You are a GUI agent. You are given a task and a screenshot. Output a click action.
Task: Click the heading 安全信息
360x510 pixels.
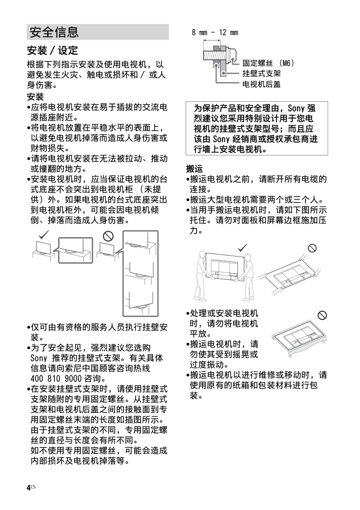click(x=54, y=32)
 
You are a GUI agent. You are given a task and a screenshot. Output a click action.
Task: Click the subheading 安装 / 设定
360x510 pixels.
click(x=52, y=50)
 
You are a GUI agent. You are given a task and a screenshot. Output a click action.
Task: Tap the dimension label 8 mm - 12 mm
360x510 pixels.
click(x=215, y=32)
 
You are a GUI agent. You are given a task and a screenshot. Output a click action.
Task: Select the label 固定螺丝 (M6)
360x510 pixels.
click(x=268, y=63)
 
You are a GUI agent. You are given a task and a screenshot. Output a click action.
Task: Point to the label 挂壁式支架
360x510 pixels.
click(x=261, y=73)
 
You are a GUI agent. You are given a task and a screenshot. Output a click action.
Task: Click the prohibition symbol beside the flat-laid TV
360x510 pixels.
click(x=322, y=315)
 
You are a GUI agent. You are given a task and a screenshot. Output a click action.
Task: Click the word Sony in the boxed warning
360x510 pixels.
click(x=296, y=108)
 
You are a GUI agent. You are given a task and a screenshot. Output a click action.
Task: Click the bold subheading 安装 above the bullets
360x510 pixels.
click(x=35, y=97)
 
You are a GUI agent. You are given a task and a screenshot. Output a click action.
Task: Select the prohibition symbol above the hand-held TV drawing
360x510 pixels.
click(x=311, y=248)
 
